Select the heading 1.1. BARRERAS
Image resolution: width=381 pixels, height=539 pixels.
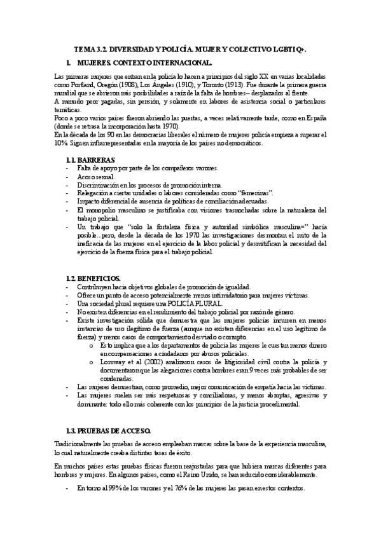tap(91, 159)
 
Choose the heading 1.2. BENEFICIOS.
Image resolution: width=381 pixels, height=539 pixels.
tap(94, 278)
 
